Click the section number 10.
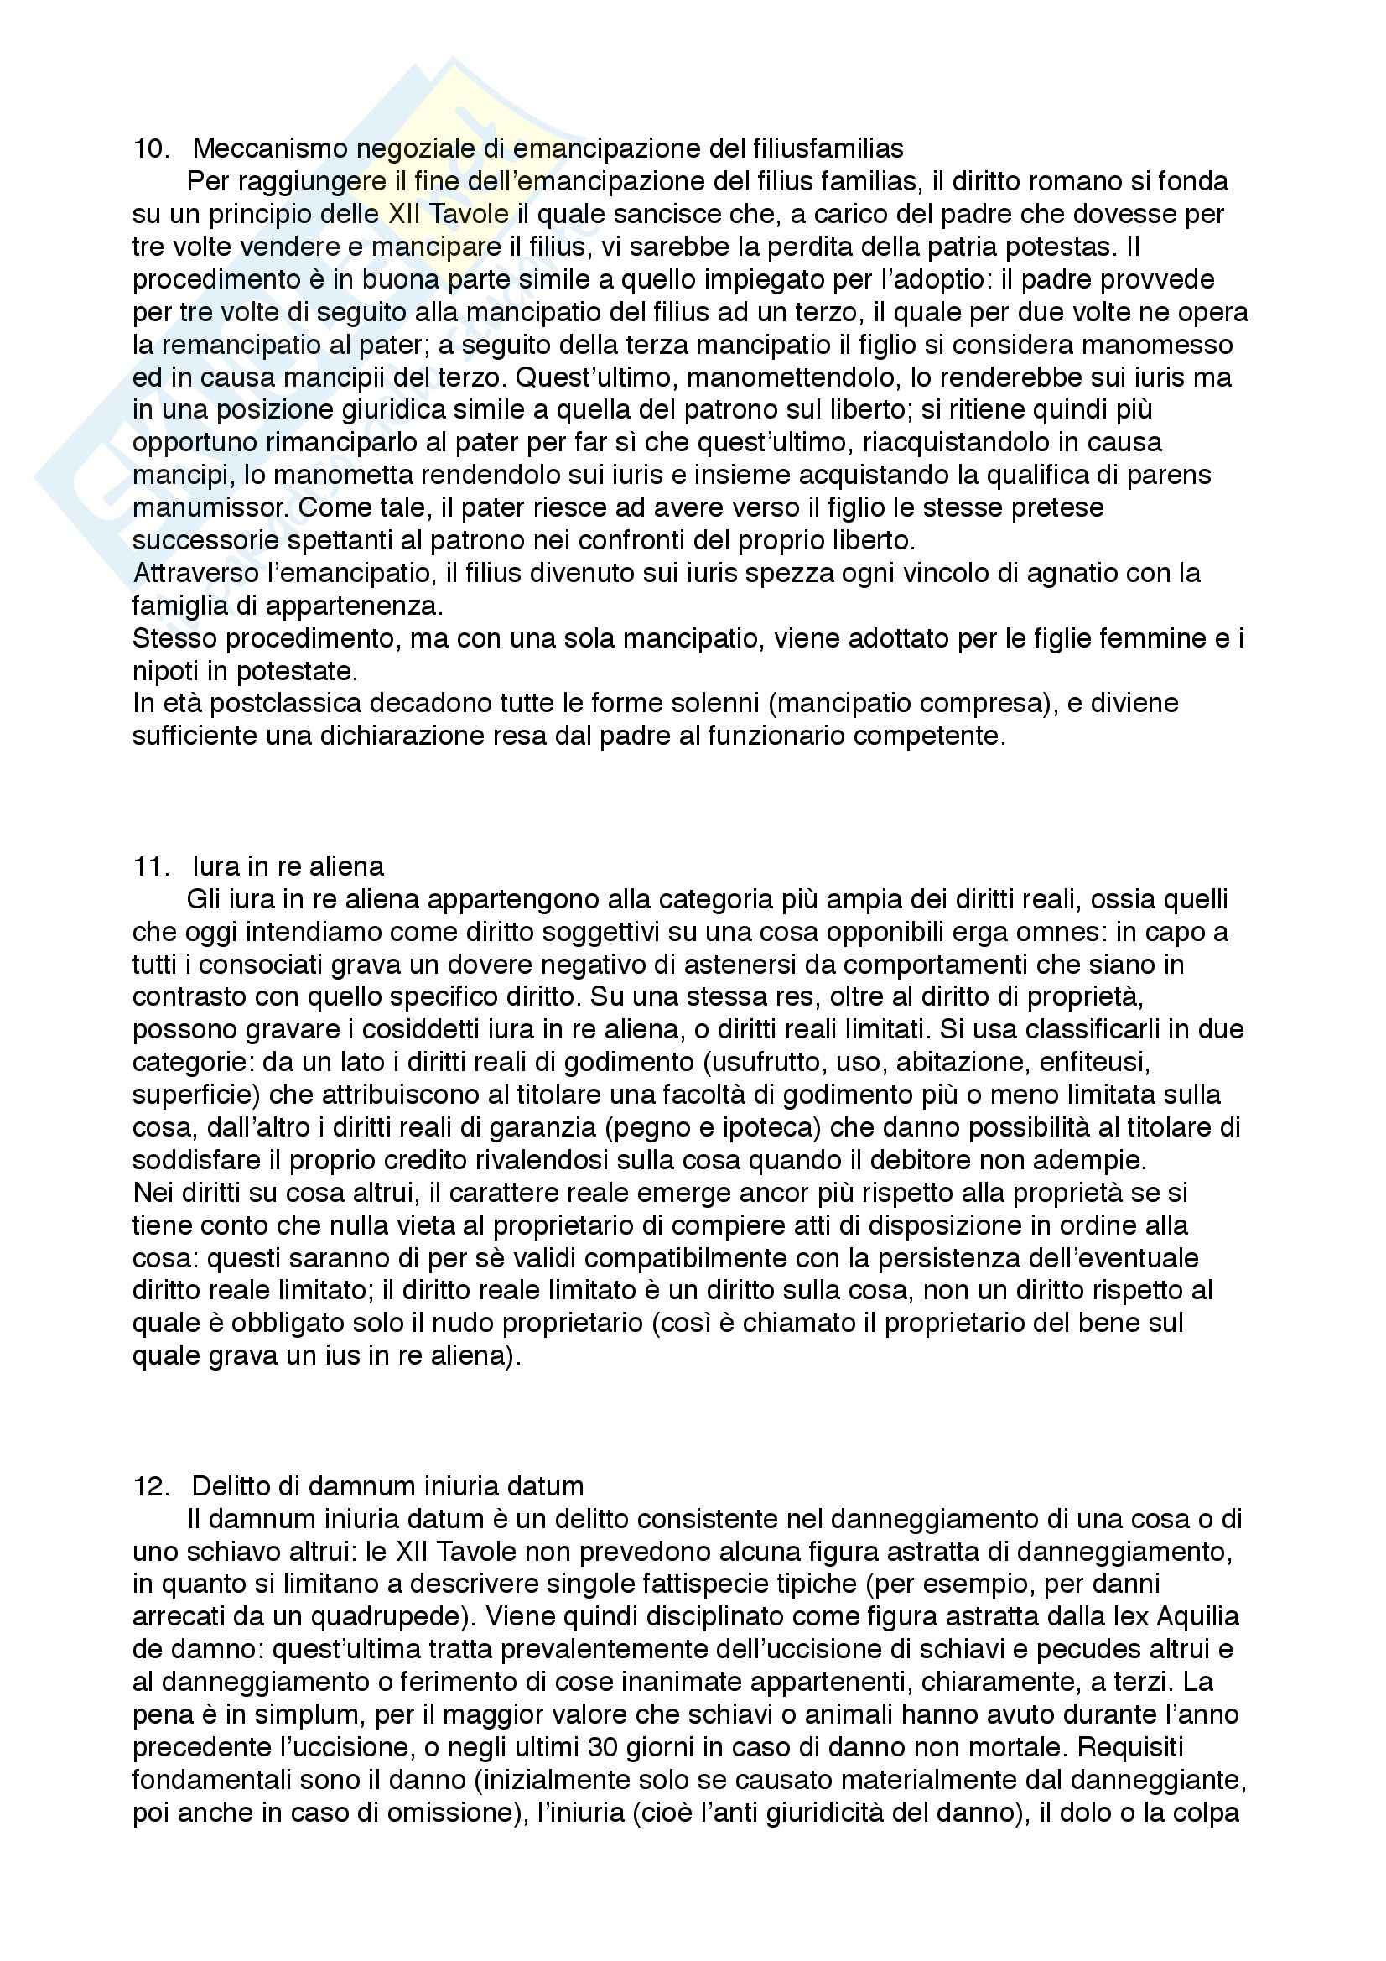coord(150,148)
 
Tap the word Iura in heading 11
coord(216,867)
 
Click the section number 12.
coord(150,1487)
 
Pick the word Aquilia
coord(1197,1617)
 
